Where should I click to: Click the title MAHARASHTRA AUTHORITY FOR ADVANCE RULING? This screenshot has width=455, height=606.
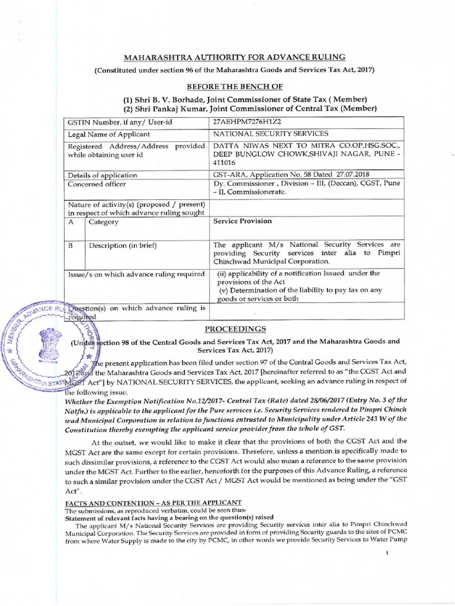pos(233,57)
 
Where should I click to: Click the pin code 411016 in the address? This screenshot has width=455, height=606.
pos(225,162)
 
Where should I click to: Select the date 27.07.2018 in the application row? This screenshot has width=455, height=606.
pos(351,175)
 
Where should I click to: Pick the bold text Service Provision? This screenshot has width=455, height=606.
pos(242,221)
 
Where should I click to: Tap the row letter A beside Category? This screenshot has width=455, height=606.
pos(72,222)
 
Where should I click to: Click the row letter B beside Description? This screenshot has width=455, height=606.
pos(72,245)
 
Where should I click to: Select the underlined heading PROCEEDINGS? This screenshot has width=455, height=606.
pos(235,329)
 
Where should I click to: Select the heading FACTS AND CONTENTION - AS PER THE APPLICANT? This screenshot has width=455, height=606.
pos(153,502)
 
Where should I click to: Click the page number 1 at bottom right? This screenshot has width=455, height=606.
pos(387,553)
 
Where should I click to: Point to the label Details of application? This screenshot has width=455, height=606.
pos(102,175)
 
